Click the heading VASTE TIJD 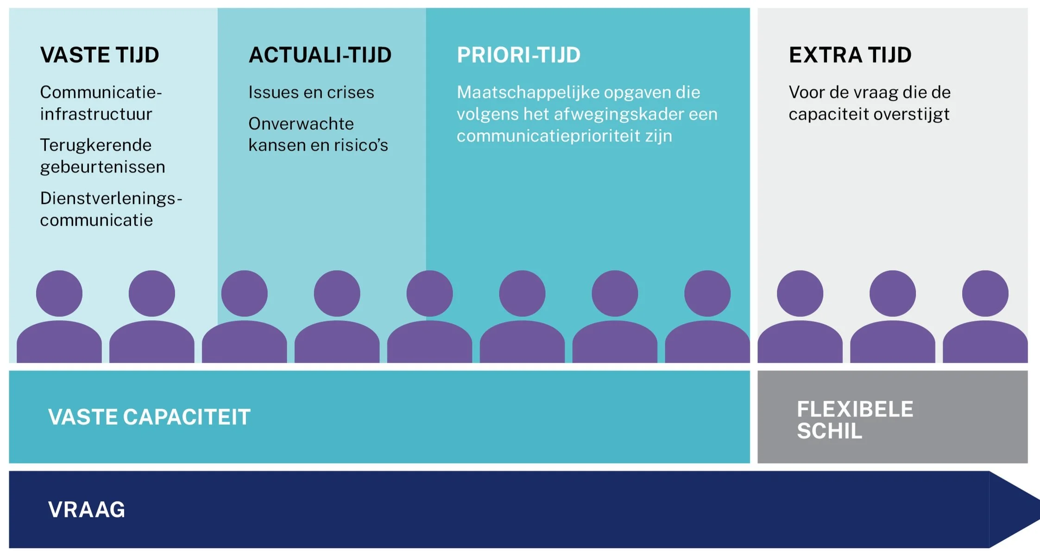[100, 55]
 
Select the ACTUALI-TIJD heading [320, 55]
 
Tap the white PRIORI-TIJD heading [518, 55]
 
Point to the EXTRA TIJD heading [850, 55]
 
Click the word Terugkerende [95, 145]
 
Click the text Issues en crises [311, 92]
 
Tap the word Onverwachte [301, 124]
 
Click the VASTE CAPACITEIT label [149, 417]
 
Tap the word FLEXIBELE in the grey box [855, 410]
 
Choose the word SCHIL [829, 431]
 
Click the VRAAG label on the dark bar [87, 510]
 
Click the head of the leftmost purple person [59, 293]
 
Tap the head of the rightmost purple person [985, 293]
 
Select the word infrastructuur [96, 114]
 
